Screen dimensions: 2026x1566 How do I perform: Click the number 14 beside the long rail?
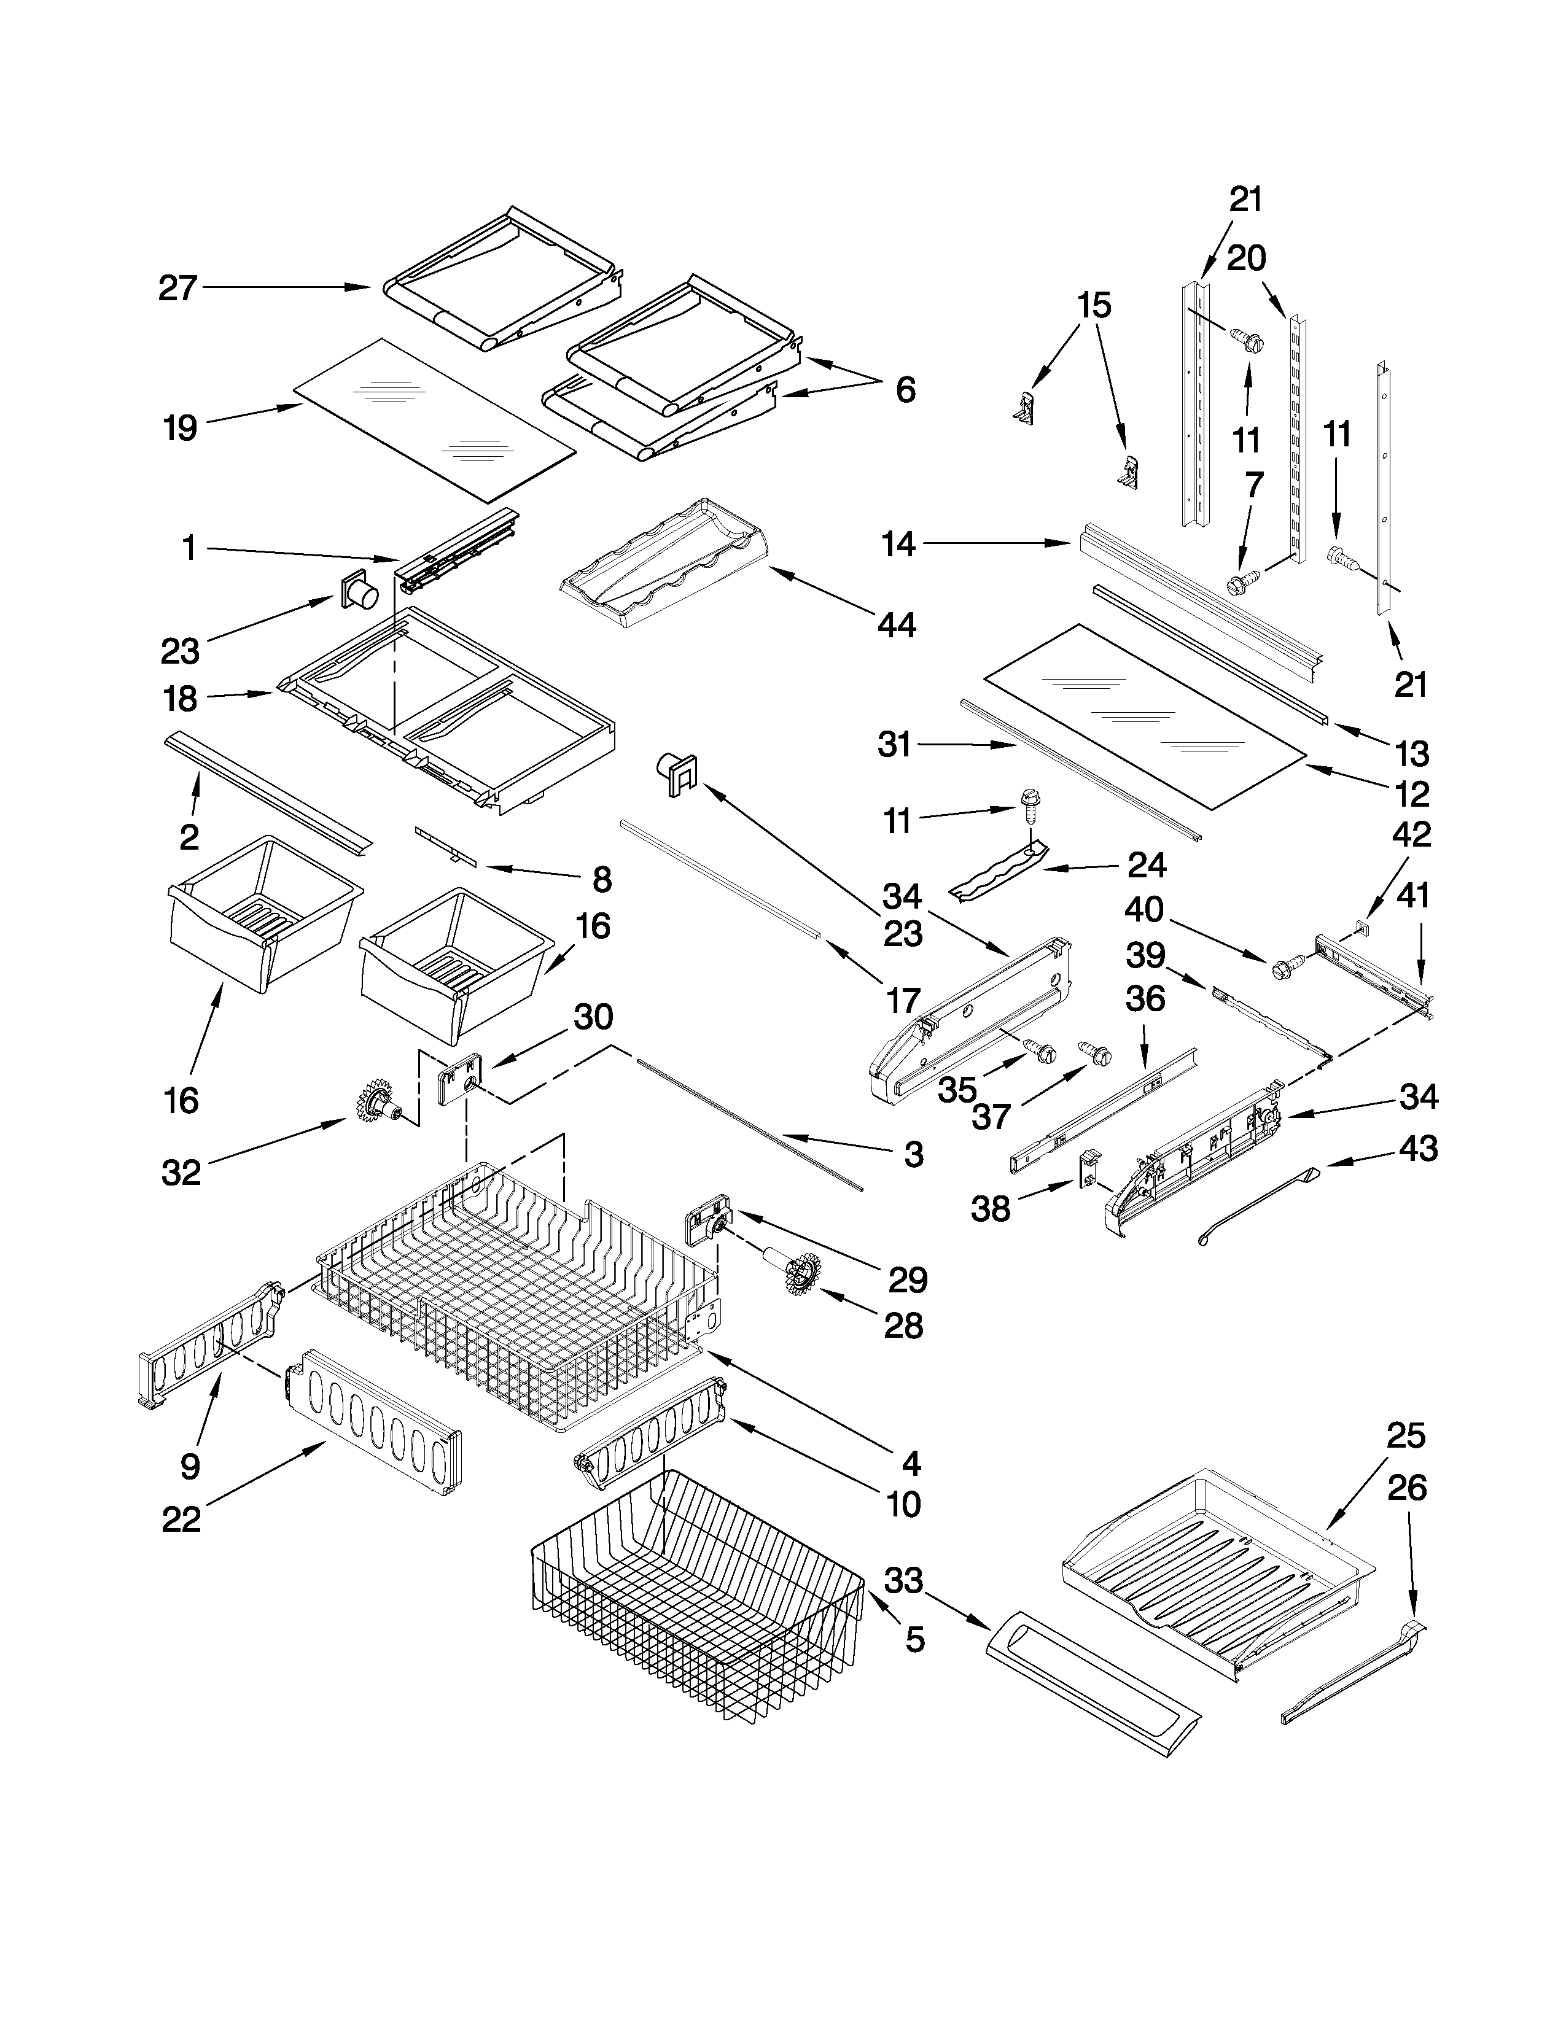click(898, 545)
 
